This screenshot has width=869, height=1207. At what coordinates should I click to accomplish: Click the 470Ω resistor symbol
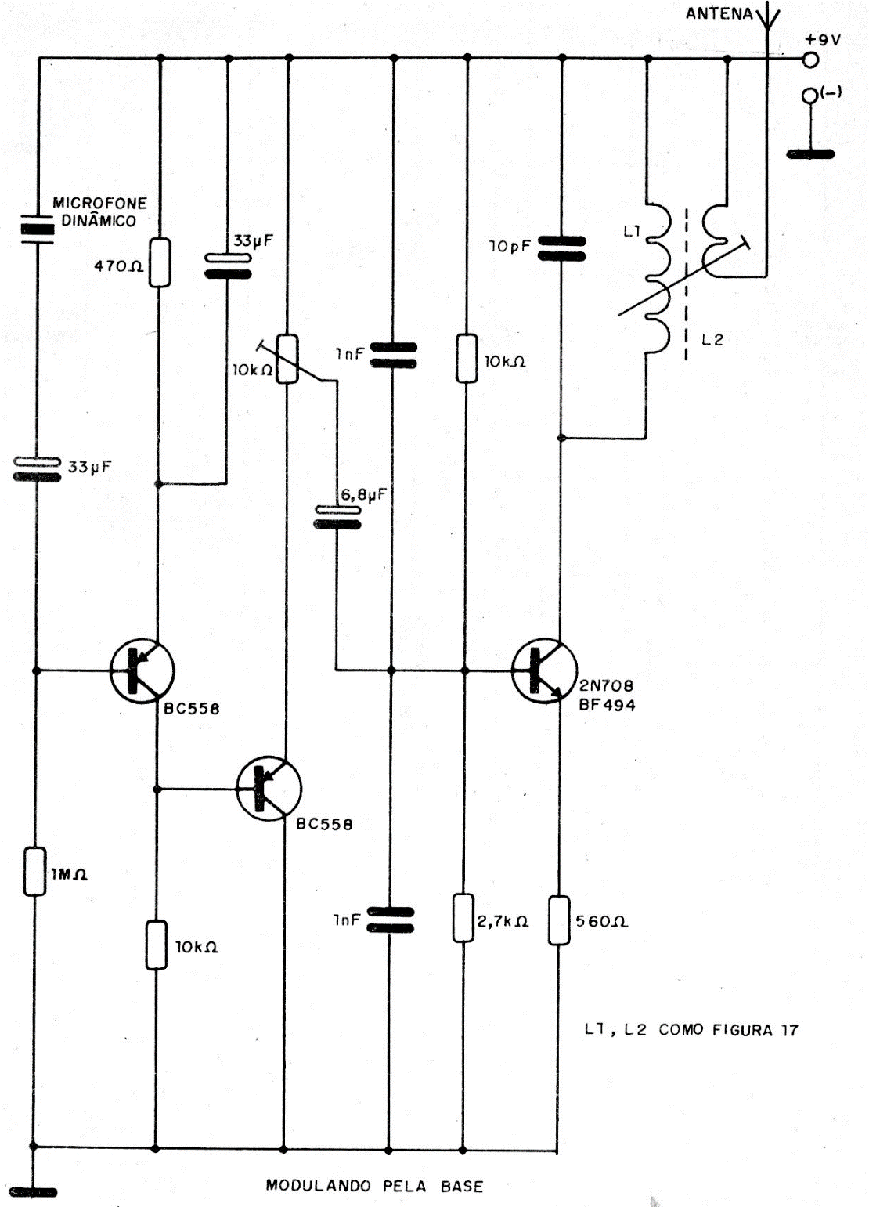(159, 262)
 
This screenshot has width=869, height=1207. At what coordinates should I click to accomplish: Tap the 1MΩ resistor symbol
(34, 871)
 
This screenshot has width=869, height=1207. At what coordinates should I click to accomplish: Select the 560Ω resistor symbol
(559, 921)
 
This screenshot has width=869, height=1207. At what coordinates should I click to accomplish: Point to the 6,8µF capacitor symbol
(337, 517)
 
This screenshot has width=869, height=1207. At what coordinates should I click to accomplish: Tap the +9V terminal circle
(810, 59)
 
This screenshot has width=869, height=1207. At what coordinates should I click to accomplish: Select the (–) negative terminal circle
(810, 96)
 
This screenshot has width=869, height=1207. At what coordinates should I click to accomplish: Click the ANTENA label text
(719, 13)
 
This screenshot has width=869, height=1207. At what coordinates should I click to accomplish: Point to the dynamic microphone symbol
(36, 228)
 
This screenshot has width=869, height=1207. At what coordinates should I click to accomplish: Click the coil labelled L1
(657, 278)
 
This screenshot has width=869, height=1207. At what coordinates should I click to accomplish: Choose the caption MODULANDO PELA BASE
(374, 1185)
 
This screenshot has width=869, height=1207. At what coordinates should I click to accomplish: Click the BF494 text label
(607, 705)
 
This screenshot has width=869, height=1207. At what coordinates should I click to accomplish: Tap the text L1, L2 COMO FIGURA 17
(691, 1030)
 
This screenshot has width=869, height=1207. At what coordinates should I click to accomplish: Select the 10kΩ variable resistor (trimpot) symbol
(288, 359)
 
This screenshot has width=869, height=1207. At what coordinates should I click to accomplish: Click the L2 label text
(712, 340)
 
